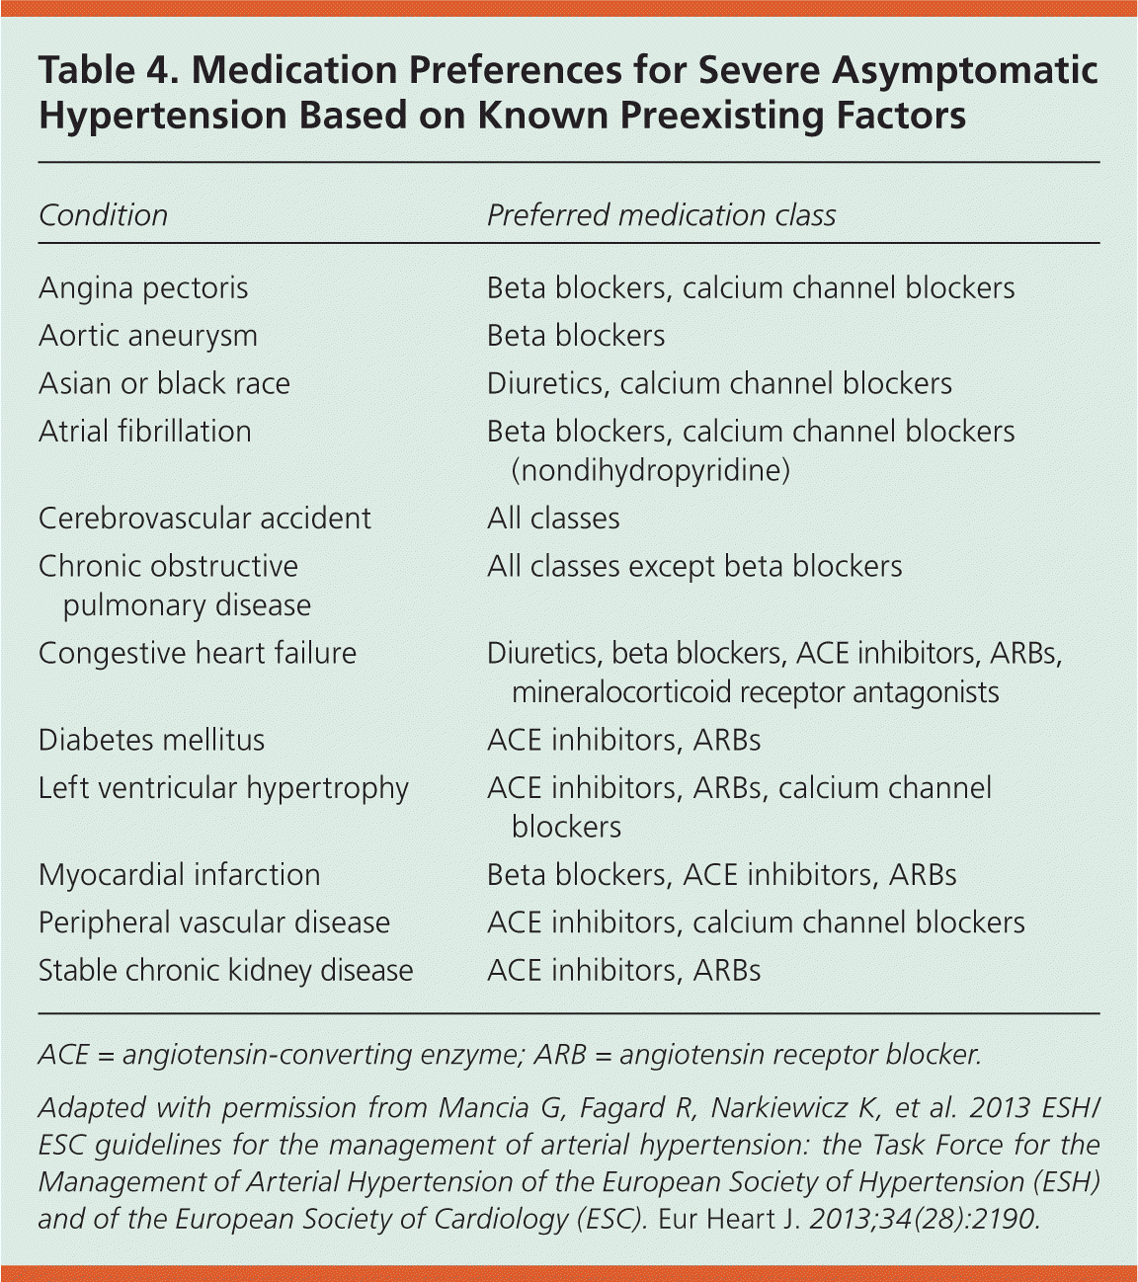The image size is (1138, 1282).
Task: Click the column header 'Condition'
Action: (103, 215)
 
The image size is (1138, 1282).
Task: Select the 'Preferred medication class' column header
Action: (661, 215)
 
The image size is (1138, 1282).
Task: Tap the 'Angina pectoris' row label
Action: (143, 288)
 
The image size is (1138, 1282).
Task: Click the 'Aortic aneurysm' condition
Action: (148, 336)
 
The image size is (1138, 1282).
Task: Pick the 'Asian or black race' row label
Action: (164, 383)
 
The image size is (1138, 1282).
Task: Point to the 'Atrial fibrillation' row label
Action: (145, 432)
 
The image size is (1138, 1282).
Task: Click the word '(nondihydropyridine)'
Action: (650, 470)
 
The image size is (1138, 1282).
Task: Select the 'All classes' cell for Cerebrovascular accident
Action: (553, 519)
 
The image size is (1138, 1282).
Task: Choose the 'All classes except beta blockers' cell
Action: (694, 567)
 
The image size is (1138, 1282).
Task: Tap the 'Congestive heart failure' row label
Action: (198, 654)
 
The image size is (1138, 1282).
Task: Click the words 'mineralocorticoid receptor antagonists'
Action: (755, 692)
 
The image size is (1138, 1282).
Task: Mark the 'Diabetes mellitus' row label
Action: (152, 741)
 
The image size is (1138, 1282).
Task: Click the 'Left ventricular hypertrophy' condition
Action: (223, 788)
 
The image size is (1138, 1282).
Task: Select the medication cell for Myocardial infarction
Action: (721, 875)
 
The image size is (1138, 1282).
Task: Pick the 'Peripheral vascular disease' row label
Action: (214, 922)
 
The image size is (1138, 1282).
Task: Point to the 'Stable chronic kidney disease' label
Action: (226, 971)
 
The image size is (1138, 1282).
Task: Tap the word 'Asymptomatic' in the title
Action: (965, 71)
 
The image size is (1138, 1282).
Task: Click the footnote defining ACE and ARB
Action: (510, 1055)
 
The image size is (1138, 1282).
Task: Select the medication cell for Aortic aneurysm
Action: (576, 336)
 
